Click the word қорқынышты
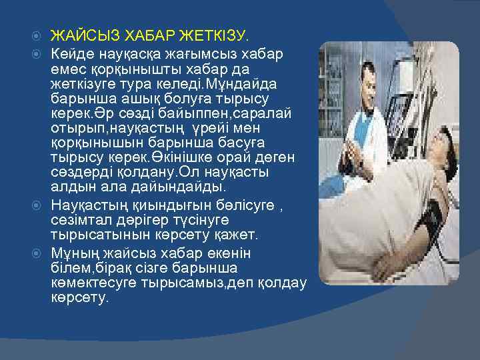[x=129, y=69]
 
